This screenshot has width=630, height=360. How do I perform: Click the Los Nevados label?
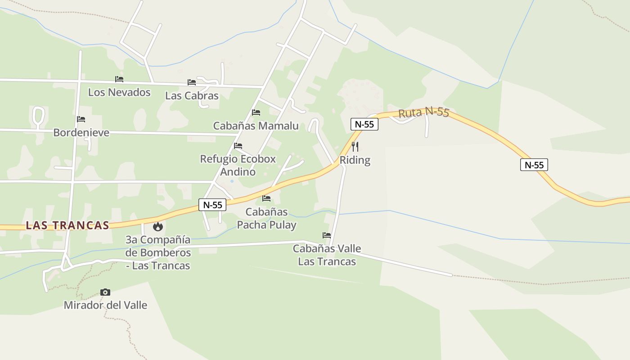[x=119, y=92]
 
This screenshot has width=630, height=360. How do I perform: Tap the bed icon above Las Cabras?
[x=192, y=82]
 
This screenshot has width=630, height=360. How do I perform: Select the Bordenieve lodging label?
[x=81, y=132]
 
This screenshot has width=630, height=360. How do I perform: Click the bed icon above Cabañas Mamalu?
[x=256, y=112]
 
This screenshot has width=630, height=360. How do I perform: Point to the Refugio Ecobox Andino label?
[x=238, y=165]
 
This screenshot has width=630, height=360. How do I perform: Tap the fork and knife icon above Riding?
[x=355, y=146]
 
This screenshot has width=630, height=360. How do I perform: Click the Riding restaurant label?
[x=355, y=160]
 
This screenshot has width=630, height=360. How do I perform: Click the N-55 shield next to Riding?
[x=364, y=124]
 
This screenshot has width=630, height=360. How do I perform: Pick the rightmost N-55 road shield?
[x=534, y=165]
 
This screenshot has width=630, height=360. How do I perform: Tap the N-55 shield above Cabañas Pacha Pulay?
[x=212, y=205]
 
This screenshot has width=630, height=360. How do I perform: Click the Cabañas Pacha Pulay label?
[x=266, y=218]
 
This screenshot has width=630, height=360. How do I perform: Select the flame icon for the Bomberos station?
[x=157, y=226]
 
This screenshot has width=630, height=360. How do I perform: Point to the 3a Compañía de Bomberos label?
[x=158, y=252]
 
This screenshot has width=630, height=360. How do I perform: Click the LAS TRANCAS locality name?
[x=67, y=225]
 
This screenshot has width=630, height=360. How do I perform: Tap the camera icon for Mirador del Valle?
[x=105, y=292]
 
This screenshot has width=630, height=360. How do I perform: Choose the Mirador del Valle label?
[x=105, y=305]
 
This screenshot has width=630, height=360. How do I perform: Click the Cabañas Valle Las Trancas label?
[x=327, y=255]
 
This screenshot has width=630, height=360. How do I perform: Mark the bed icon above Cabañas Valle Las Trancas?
[x=327, y=235]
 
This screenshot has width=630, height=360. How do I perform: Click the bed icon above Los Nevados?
[x=119, y=79]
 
